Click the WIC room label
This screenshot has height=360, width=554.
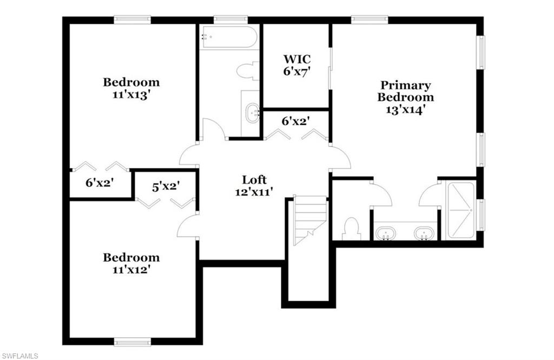coord(296,58)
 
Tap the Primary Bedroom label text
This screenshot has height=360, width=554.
coord(405,91)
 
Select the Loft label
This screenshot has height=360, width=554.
coord(254,179)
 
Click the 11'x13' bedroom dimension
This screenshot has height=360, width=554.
coord(131,95)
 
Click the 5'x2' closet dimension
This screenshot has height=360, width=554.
coord(166,186)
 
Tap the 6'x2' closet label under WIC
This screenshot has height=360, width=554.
coord(295,122)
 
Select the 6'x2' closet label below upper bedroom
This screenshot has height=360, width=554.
coord(99,183)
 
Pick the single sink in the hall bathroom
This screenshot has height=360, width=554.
coord(252,114)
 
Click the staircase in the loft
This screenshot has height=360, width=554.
coord(310,219)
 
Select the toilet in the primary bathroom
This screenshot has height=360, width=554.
coord(351,228)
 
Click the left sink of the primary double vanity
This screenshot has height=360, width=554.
coord(386,234)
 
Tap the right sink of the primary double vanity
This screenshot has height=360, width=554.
coord(424,234)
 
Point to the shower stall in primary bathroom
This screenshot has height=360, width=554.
coord(460,210)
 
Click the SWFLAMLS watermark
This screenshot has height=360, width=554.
coord(19,355)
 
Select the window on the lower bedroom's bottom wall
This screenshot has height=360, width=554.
coord(133,342)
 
